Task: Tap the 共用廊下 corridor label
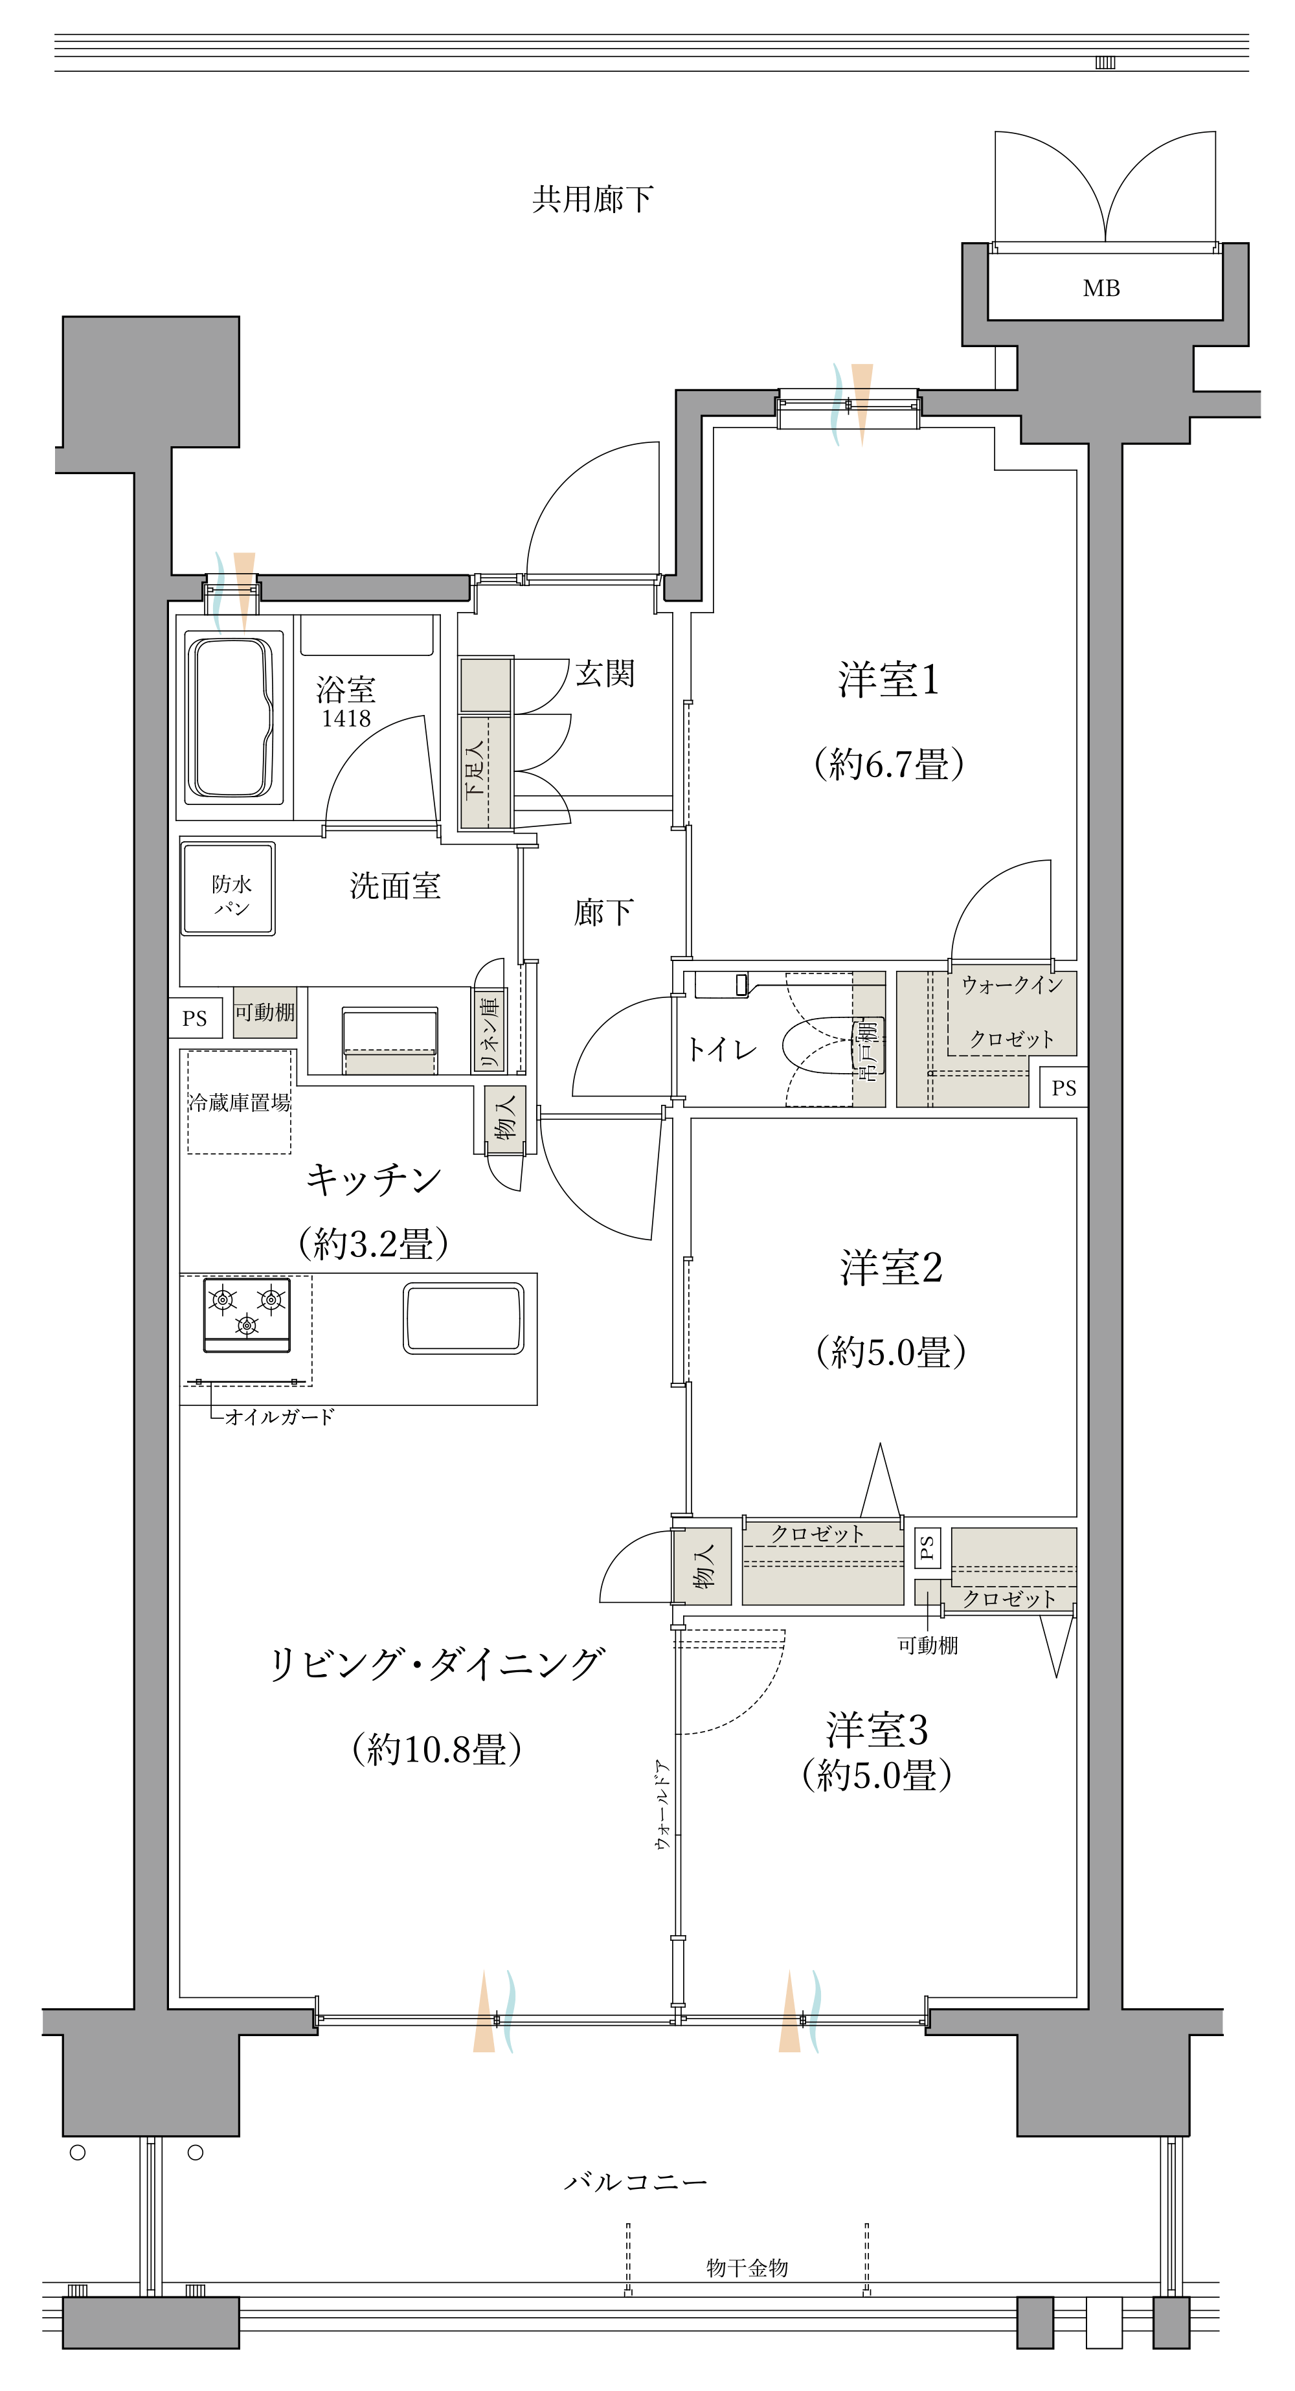coord(592,199)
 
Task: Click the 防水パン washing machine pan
coord(229,890)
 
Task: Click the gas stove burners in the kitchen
coord(247,1313)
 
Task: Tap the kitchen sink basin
coord(463,1318)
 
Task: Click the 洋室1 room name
coord(888,681)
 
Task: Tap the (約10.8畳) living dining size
coord(436,1750)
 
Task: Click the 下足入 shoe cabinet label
coord(475,769)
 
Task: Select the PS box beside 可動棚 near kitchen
coord(195,1018)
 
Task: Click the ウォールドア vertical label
coord(662,1806)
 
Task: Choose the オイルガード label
coord(278,1418)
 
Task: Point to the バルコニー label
coord(636,2181)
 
